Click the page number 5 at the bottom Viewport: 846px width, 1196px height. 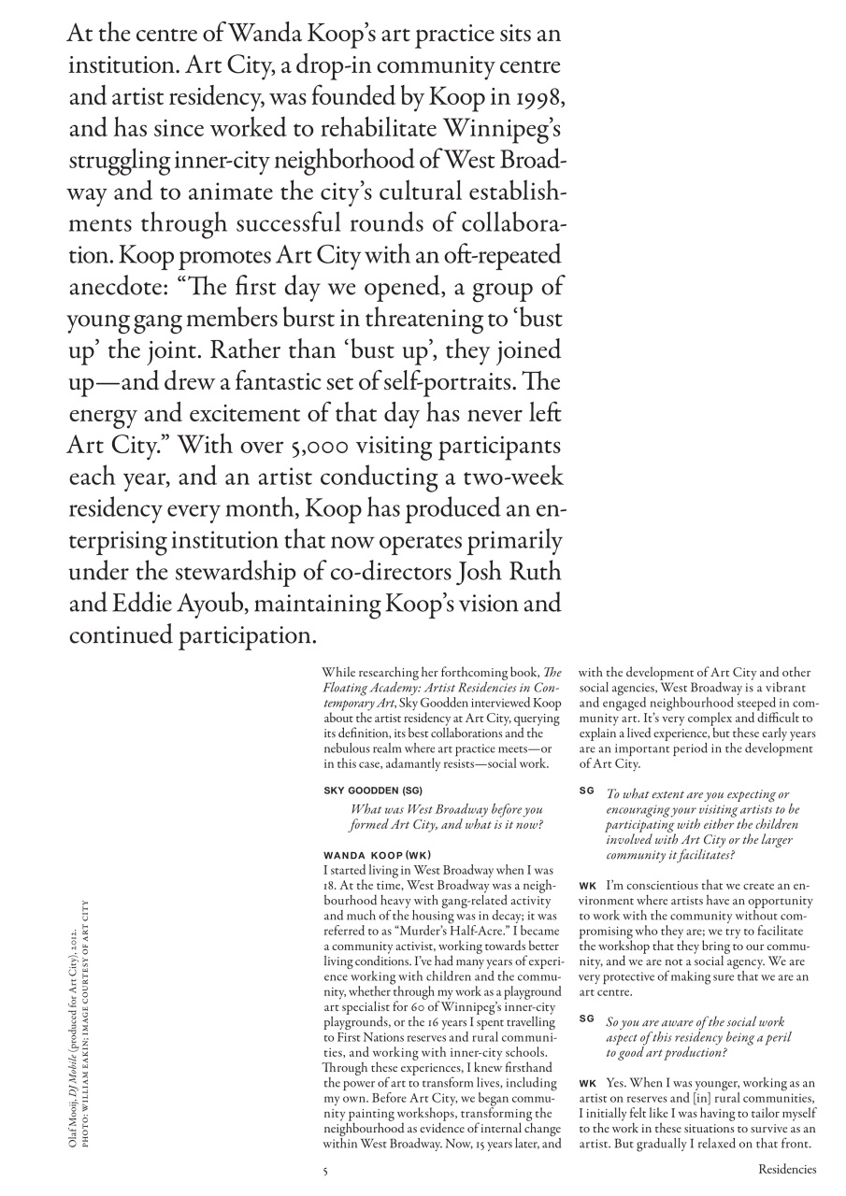point(324,1168)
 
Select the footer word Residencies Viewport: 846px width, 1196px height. point(786,1168)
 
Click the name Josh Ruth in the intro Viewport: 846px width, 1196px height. point(515,572)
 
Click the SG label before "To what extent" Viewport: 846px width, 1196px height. point(586,790)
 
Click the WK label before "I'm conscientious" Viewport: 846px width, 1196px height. point(588,884)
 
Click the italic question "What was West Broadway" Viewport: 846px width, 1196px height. point(445,818)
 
